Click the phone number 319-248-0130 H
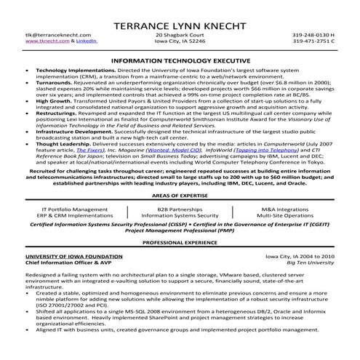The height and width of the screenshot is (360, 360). coord(313,34)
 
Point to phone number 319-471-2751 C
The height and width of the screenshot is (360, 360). coord(313,41)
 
